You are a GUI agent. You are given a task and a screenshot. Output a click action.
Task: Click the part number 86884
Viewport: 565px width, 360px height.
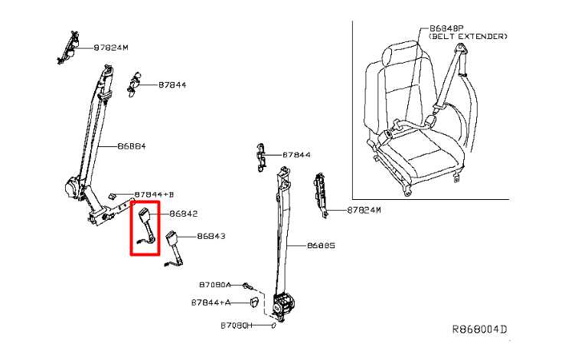pos(132,146)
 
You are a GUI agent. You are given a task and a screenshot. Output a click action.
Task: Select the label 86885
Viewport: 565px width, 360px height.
pos(321,246)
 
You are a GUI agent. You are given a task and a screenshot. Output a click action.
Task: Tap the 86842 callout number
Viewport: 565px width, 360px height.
pos(184,214)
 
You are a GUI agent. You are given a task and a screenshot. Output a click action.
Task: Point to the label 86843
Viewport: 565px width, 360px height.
pos(211,237)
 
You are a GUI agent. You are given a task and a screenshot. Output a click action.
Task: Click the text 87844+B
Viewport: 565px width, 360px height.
pos(154,195)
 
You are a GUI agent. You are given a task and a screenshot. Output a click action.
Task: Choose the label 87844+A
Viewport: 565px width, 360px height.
pos(211,303)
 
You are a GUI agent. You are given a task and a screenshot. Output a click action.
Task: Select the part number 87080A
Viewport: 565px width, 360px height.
pos(215,285)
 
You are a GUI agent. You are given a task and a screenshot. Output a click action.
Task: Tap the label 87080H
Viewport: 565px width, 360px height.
pos(237,326)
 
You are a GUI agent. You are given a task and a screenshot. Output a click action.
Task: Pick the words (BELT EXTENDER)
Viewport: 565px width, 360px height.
pos(468,37)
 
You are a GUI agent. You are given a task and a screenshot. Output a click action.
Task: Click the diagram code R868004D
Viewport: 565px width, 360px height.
pos(479,329)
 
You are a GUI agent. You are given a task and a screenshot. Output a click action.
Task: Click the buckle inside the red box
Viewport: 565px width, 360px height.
pos(147,226)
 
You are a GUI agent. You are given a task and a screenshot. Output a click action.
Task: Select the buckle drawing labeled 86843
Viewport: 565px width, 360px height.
pos(175,249)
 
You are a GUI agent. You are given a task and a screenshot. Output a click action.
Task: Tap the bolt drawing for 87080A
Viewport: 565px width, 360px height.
pos(247,286)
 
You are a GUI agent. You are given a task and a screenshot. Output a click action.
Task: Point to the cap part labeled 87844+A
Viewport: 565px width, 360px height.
pos(255,302)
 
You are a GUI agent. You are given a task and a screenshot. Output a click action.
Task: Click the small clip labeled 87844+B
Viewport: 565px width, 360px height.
pos(112,195)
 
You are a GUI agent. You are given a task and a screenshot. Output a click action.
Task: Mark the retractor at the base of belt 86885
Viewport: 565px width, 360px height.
pos(284,306)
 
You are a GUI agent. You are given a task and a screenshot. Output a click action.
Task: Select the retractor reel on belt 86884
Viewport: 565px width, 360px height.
pos(73,188)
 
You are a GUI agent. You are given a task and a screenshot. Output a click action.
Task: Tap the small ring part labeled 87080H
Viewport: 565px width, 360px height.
pos(273,326)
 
